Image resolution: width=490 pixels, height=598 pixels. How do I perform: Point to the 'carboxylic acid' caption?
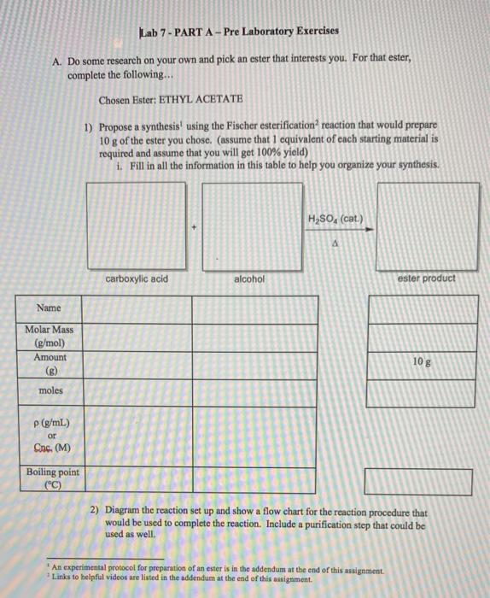click(137, 279)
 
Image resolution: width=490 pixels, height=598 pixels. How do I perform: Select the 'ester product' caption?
click(427, 278)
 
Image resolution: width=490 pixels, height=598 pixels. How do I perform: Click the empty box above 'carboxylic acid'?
click(137, 226)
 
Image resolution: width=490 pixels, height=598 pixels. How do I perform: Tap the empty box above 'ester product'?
click(427, 226)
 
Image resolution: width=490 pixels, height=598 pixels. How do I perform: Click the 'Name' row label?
click(49, 308)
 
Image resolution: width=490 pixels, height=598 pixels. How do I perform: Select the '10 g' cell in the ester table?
click(419, 364)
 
